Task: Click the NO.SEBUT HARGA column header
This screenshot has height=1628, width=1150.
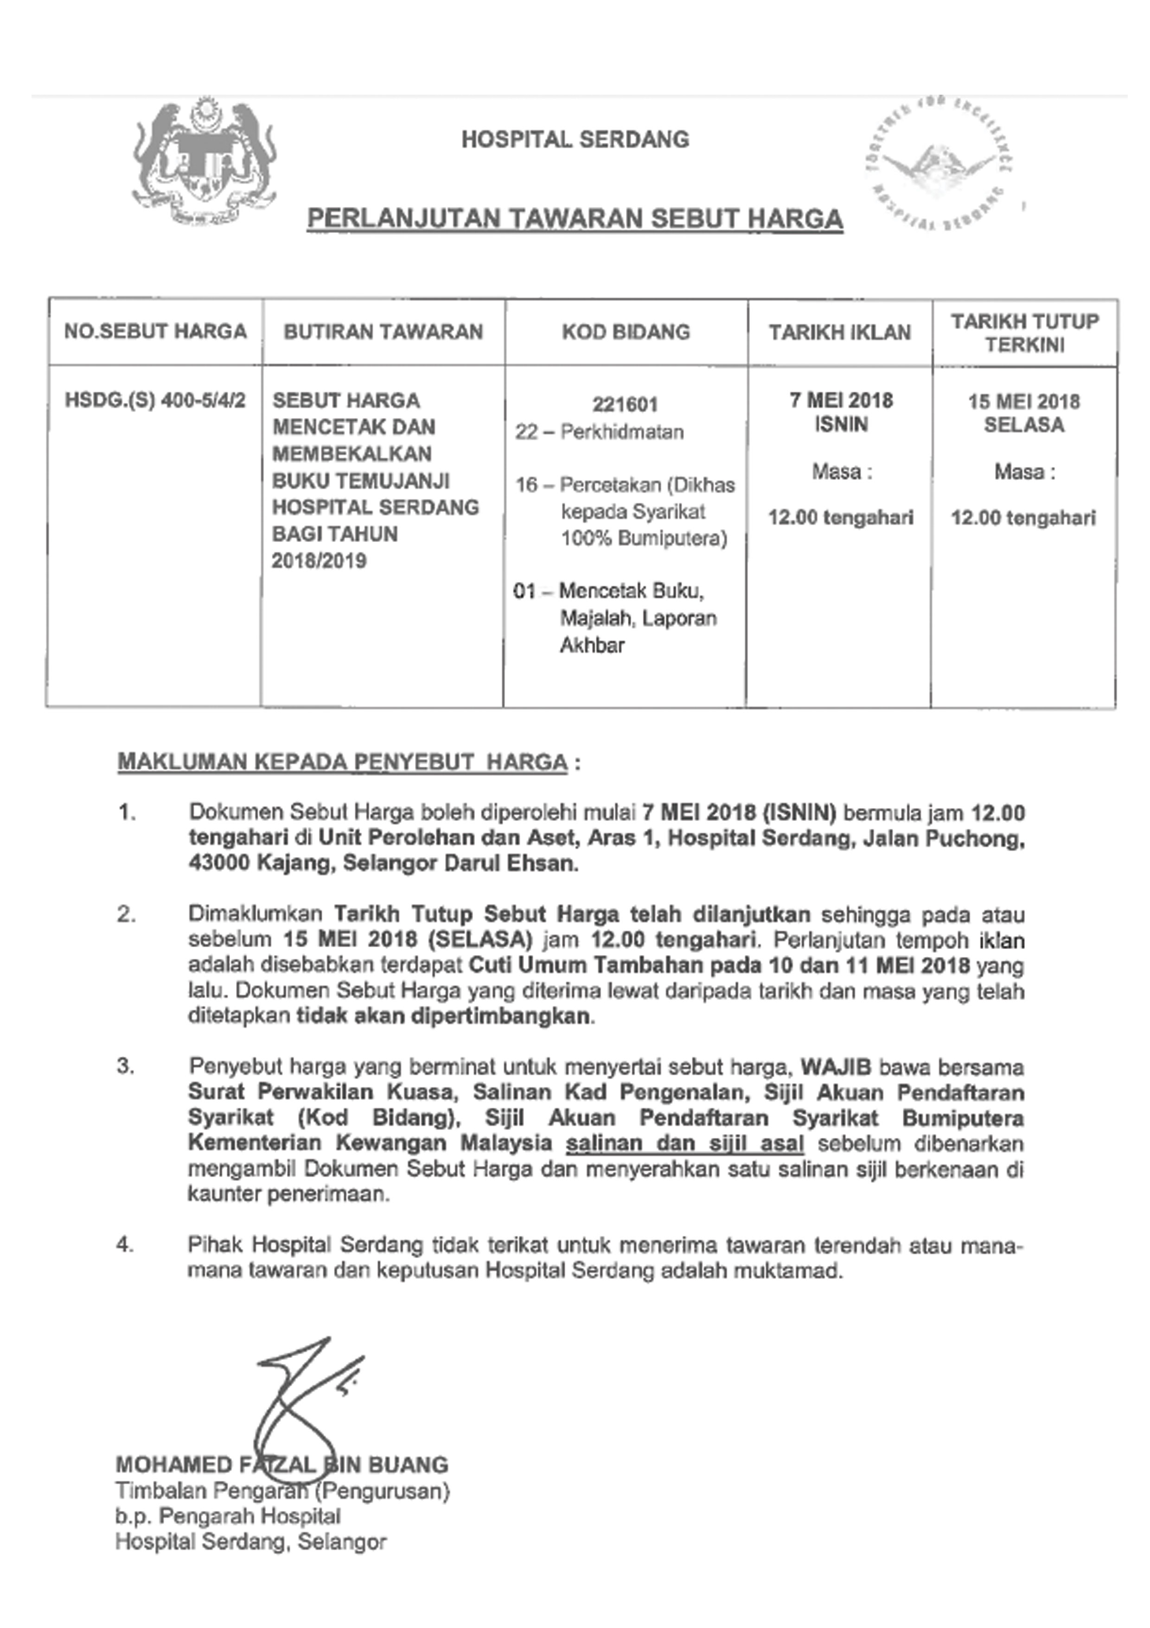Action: (x=155, y=332)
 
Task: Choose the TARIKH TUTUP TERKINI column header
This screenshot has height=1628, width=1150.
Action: (x=1025, y=333)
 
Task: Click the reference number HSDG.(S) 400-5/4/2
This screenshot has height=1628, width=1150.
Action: (x=155, y=401)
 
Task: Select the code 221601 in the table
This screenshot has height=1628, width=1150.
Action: (x=625, y=405)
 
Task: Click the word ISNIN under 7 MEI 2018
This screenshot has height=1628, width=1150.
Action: (x=841, y=425)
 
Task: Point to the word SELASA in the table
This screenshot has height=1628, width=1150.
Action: (x=1024, y=426)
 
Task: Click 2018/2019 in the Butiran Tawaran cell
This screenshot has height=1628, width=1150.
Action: (x=319, y=561)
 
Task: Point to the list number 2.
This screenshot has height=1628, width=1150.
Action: (x=126, y=915)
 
